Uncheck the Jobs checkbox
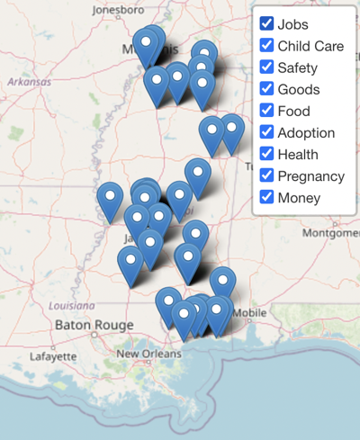coord(266,23)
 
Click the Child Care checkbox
coord(266,45)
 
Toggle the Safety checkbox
coord(266,67)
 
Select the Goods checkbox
coord(266,88)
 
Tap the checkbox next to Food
coord(266,110)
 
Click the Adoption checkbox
coord(266,132)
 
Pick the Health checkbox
coord(266,154)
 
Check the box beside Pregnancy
coord(266,175)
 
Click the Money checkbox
coord(266,197)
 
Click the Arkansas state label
coord(29,81)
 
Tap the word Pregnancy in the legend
coord(311,176)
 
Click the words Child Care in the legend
coord(310,46)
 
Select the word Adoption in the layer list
coord(306,133)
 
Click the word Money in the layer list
coord(299,198)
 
